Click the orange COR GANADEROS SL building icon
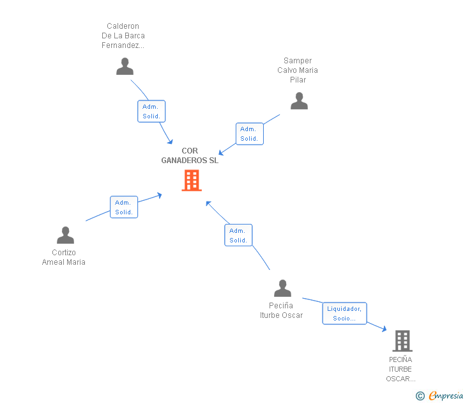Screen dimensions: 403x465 [x=192, y=180]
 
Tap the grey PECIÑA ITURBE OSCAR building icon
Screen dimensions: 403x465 [x=402, y=341]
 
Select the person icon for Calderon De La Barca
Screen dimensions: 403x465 [x=125, y=67]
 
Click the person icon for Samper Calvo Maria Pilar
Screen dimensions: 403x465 [x=299, y=101]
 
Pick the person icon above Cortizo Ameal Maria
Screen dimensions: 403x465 [x=65, y=235]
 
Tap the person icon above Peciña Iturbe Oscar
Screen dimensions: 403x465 [x=282, y=288]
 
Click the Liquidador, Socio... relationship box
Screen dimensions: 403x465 [x=344, y=313]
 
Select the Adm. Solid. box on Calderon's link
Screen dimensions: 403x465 [x=151, y=111]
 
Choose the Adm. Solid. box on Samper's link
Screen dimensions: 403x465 [x=249, y=134]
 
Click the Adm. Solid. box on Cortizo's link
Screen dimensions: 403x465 [x=124, y=207]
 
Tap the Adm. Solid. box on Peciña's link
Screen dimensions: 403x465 [x=238, y=235]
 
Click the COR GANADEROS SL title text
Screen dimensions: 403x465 [x=190, y=156]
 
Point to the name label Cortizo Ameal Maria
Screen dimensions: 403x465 [x=64, y=257]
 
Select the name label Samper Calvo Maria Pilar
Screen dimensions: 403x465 [x=298, y=70]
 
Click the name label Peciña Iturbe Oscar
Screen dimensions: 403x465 [x=281, y=310]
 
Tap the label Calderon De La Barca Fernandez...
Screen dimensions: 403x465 [x=123, y=36]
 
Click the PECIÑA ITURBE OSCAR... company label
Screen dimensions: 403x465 [x=400, y=369]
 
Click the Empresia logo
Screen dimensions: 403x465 [x=445, y=396]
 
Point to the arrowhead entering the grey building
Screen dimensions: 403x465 [x=384, y=329]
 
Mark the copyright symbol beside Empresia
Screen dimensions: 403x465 [x=420, y=396]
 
